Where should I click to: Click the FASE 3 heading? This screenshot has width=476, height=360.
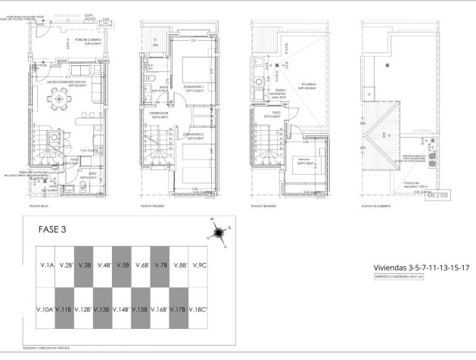(x=58, y=231)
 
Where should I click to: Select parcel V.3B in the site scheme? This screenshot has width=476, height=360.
(x=83, y=265)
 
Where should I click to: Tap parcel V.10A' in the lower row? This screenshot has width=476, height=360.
(x=45, y=309)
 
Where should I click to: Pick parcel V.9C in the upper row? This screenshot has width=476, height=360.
(x=200, y=265)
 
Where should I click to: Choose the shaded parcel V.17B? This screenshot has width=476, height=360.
(x=180, y=309)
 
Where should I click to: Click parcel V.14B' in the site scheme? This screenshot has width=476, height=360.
(x=122, y=309)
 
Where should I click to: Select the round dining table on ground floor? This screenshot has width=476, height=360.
(x=60, y=98)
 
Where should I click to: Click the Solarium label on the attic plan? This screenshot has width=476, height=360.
(x=306, y=85)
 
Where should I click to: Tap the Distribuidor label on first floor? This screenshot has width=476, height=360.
(x=159, y=114)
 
